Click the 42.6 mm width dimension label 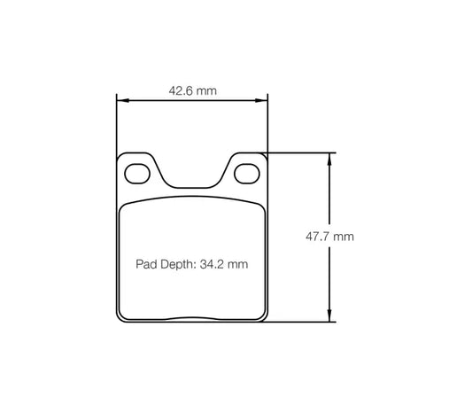click(x=192, y=90)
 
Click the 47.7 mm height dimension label click(x=330, y=237)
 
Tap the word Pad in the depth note click(x=145, y=264)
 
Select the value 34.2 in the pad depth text click(x=215, y=264)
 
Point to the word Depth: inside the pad click(x=176, y=264)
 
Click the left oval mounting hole click(x=137, y=172)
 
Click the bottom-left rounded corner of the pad click(x=121, y=316)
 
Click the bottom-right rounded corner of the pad click(x=263, y=316)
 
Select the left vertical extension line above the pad click(x=117, y=124)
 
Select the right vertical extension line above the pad click(x=267, y=124)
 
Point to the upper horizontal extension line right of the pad click(x=301, y=152)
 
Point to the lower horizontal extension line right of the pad click(x=301, y=322)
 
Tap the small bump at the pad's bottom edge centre click(x=192, y=318)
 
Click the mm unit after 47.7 click(x=344, y=237)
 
